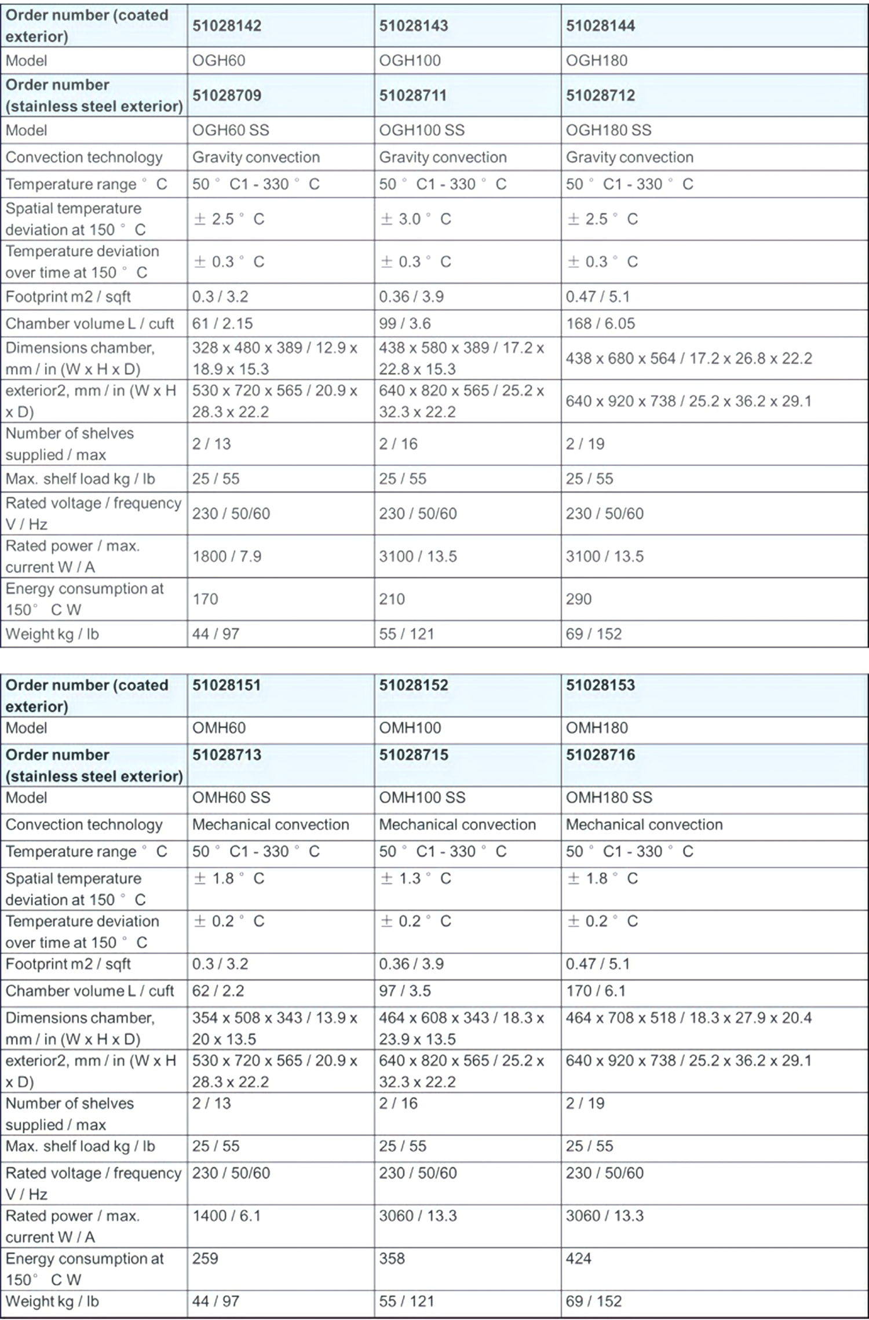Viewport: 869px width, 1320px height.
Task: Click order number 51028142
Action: (227, 25)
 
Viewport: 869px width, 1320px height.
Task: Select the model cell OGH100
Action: (410, 60)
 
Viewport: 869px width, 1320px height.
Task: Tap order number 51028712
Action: (600, 95)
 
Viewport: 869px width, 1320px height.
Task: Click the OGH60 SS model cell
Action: (231, 130)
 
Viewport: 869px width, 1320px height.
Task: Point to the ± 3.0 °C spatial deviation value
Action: (415, 219)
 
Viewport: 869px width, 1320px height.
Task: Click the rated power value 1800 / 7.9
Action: (227, 556)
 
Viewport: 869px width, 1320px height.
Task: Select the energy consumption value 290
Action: (579, 599)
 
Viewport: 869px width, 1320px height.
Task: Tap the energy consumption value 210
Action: (392, 599)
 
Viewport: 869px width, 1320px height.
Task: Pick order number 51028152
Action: (414, 685)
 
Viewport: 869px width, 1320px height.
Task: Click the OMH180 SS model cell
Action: (609, 797)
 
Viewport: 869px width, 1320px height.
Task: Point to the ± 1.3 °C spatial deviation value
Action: (415, 878)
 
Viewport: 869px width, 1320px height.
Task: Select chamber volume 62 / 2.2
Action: (218, 991)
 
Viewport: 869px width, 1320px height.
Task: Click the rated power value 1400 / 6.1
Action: (227, 1216)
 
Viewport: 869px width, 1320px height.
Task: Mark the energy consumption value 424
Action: (579, 1259)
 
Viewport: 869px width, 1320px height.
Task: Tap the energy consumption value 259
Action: (205, 1259)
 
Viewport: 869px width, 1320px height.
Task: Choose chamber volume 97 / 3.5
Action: (404, 991)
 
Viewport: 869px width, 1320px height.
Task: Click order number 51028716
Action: (600, 754)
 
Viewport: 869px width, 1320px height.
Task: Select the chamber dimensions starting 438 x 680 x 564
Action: (689, 358)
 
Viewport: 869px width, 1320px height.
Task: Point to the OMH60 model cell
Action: (219, 728)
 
